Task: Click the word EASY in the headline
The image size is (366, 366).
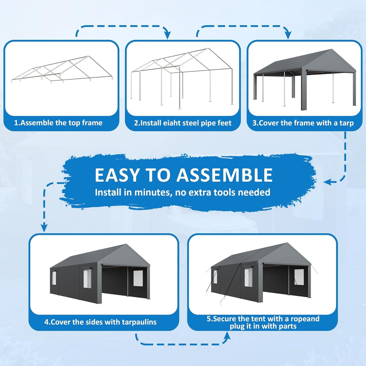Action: (x=117, y=175)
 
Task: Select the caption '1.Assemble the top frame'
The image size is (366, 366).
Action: (x=58, y=123)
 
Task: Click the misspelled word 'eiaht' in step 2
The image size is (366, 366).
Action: (x=172, y=123)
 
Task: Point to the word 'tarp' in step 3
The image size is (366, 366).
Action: (x=346, y=123)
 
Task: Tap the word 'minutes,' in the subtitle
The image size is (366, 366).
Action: (x=152, y=192)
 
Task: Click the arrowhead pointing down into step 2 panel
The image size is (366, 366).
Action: (x=167, y=35)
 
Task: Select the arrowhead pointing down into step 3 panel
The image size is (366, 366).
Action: (x=288, y=35)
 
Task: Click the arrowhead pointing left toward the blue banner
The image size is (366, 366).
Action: (x=327, y=182)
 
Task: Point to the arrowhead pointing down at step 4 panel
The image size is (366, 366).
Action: (x=44, y=228)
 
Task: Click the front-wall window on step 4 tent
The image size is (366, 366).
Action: (x=138, y=278)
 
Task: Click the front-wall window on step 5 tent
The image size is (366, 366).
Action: (x=299, y=277)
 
